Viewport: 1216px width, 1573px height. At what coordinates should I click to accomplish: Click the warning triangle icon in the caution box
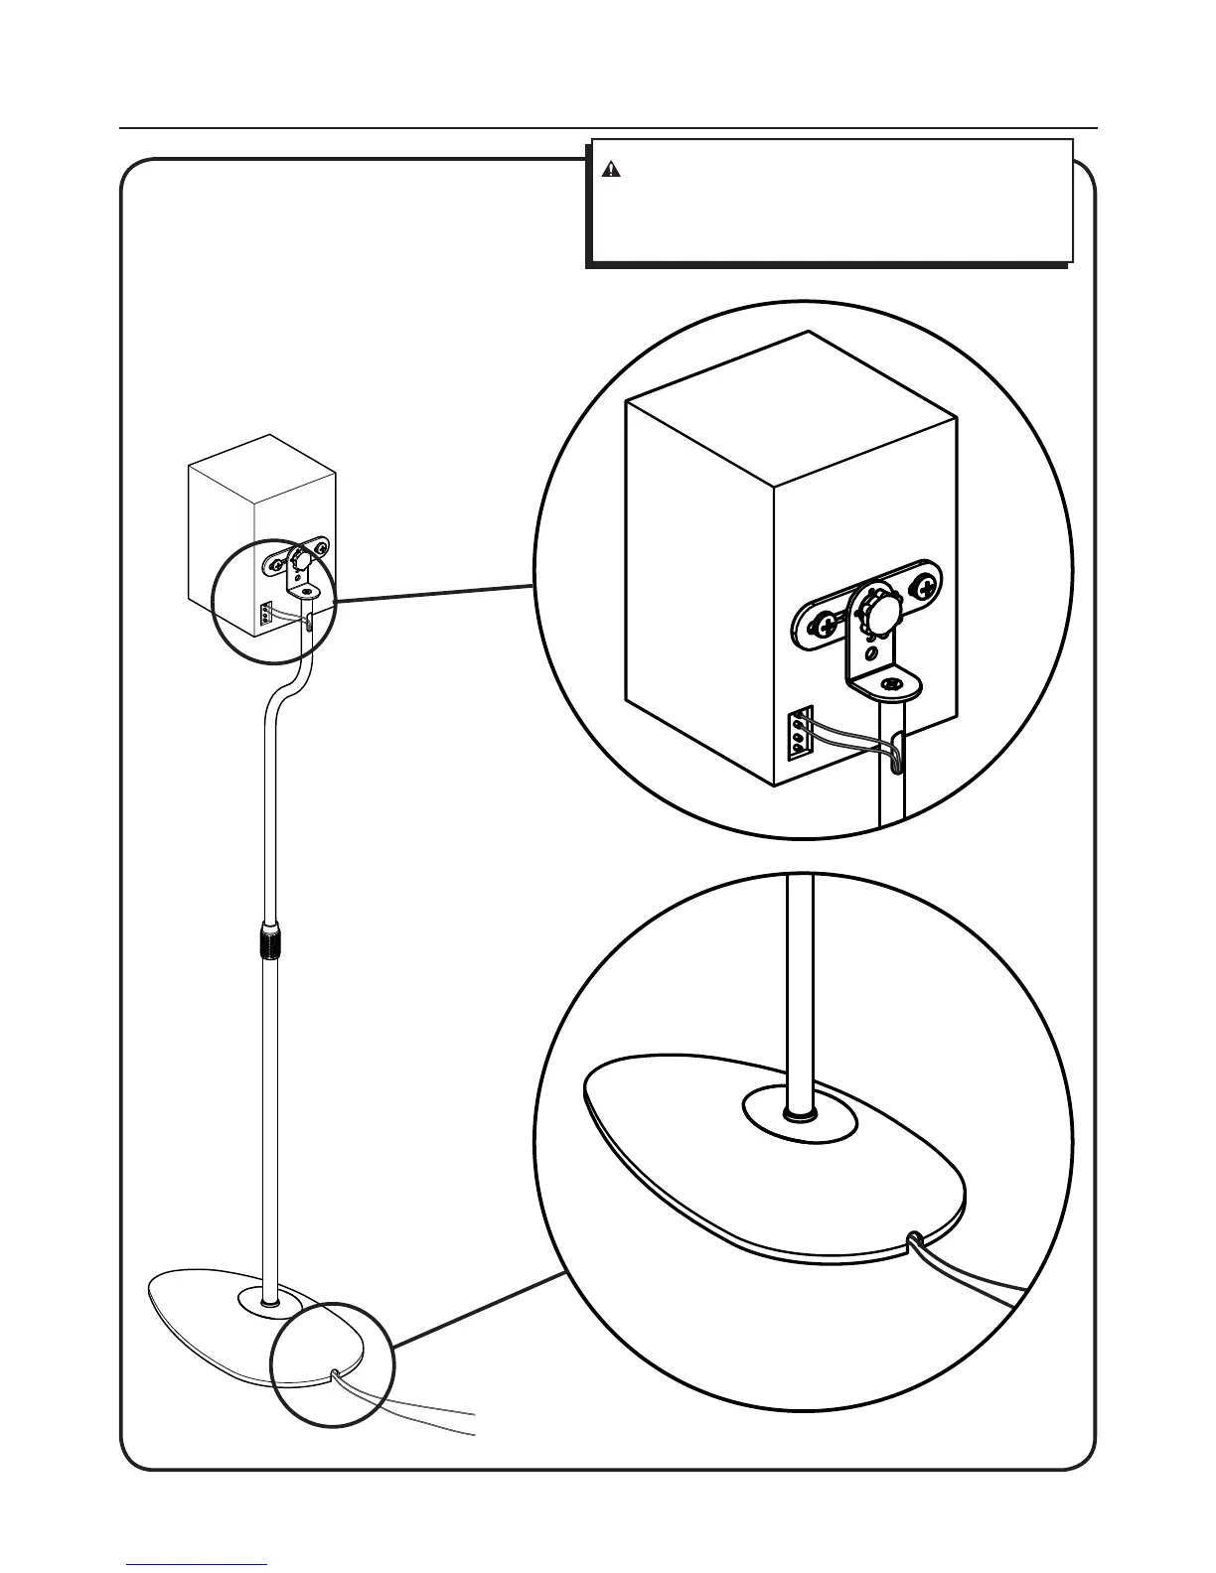(x=611, y=170)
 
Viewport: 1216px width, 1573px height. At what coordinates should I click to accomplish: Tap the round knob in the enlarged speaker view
(x=877, y=610)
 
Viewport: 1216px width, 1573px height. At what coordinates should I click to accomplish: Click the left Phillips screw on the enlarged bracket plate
(x=824, y=626)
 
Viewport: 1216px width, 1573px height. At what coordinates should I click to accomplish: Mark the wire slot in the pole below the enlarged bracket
(x=897, y=749)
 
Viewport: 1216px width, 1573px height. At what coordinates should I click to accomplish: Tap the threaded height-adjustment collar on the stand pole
(x=270, y=938)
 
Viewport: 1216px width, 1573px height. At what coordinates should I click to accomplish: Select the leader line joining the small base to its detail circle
(x=477, y=1310)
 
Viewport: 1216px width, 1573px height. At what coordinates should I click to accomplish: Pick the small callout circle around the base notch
(x=333, y=1365)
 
